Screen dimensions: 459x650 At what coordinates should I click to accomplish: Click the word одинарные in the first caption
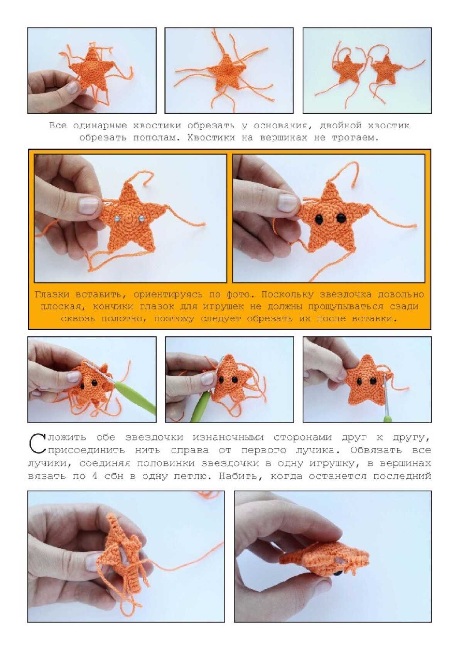[x=100, y=126]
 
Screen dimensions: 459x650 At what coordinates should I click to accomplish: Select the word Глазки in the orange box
[x=52, y=295]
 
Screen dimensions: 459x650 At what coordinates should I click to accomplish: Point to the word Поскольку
[x=287, y=295]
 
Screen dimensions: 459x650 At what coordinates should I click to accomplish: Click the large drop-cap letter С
[x=37, y=443]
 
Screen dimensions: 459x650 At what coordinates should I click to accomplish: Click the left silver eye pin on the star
[x=117, y=218]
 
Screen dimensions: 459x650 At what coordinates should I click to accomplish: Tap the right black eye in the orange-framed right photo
[x=341, y=217]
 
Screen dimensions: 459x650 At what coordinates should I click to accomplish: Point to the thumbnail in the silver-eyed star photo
[x=88, y=205]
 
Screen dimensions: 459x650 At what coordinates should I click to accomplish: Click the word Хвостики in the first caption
[x=211, y=138]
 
